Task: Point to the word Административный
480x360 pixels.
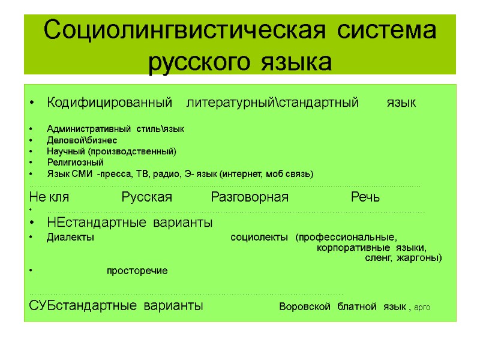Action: pos(89,129)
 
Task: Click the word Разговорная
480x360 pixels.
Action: pos(250,197)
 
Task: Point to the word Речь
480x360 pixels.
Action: pos(365,197)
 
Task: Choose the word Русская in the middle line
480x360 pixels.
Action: pos(146,197)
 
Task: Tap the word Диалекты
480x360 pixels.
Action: pos(70,237)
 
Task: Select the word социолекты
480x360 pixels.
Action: pos(259,237)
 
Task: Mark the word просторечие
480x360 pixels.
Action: pos(137,271)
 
